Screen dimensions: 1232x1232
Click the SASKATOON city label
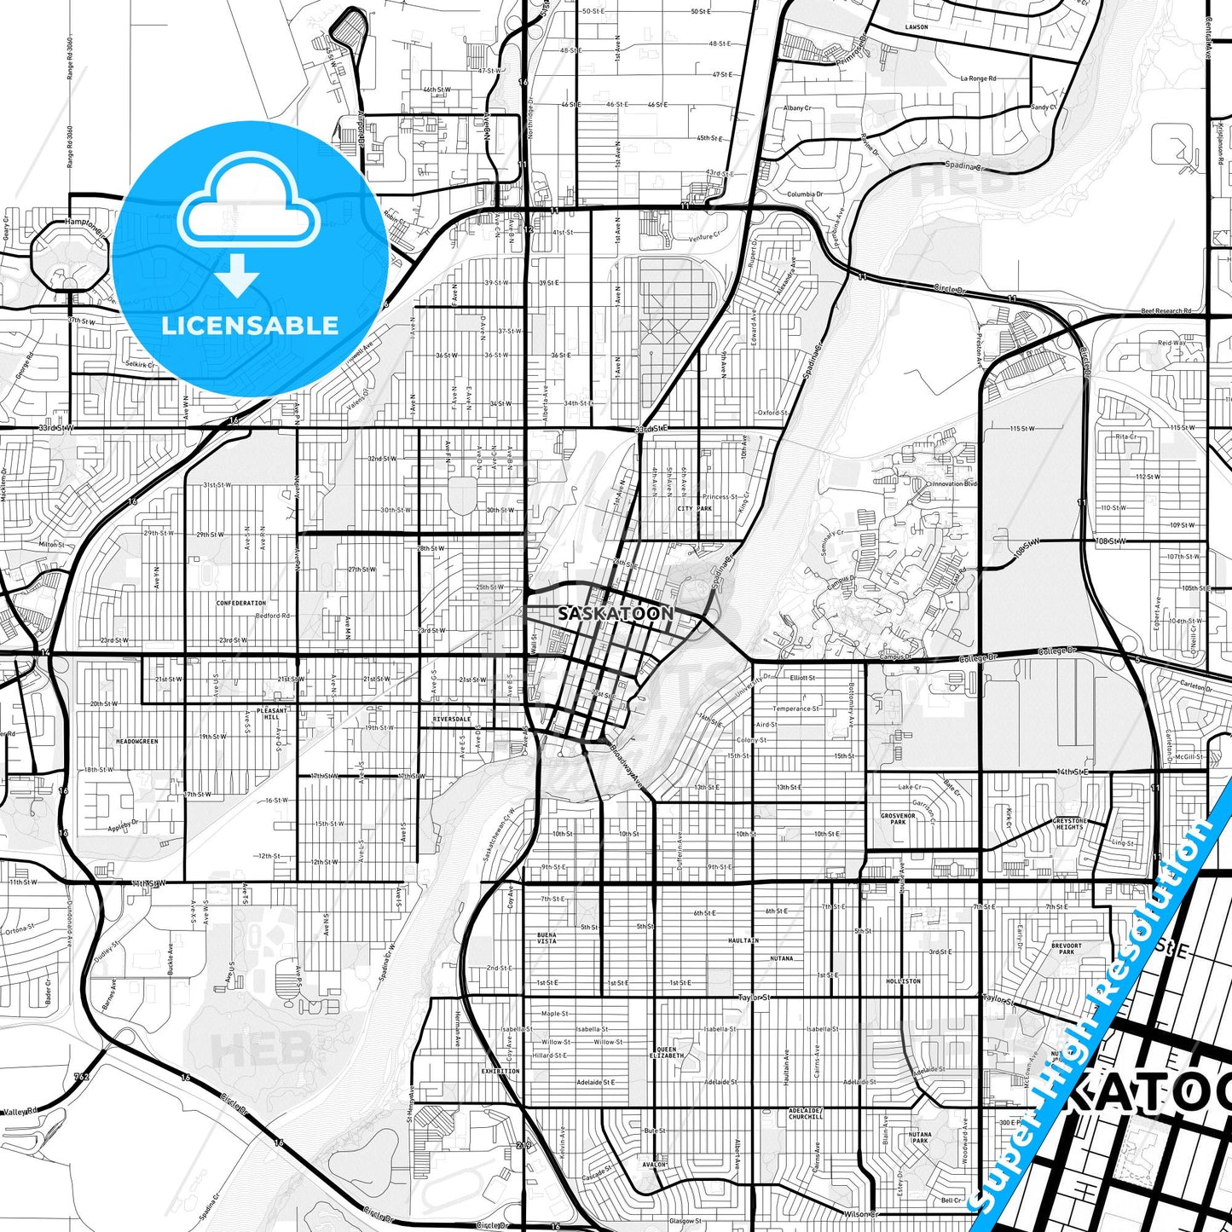[x=615, y=613]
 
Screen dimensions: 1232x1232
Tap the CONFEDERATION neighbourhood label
[x=241, y=603]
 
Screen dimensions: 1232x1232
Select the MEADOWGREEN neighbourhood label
[x=137, y=742]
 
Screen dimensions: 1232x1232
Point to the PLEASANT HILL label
[x=273, y=714]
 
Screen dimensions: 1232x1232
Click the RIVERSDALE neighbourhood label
[x=451, y=719]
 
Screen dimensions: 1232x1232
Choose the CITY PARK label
[x=694, y=508]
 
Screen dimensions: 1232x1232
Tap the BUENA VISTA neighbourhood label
[x=547, y=938]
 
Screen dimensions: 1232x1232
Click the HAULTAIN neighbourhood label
[x=743, y=940]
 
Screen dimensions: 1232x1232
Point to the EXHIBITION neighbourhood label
[x=500, y=1071]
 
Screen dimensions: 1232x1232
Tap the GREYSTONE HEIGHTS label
[x=1069, y=824]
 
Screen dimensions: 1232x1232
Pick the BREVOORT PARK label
[x=1067, y=948]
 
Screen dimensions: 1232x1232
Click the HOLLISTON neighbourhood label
[x=904, y=981]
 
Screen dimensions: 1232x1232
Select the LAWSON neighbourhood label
[x=917, y=27]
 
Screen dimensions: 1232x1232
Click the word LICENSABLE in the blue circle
[x=250, y=325]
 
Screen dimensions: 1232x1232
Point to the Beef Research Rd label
[x=1165, y=311]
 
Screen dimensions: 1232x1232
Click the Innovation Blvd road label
[x=953, y=483]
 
